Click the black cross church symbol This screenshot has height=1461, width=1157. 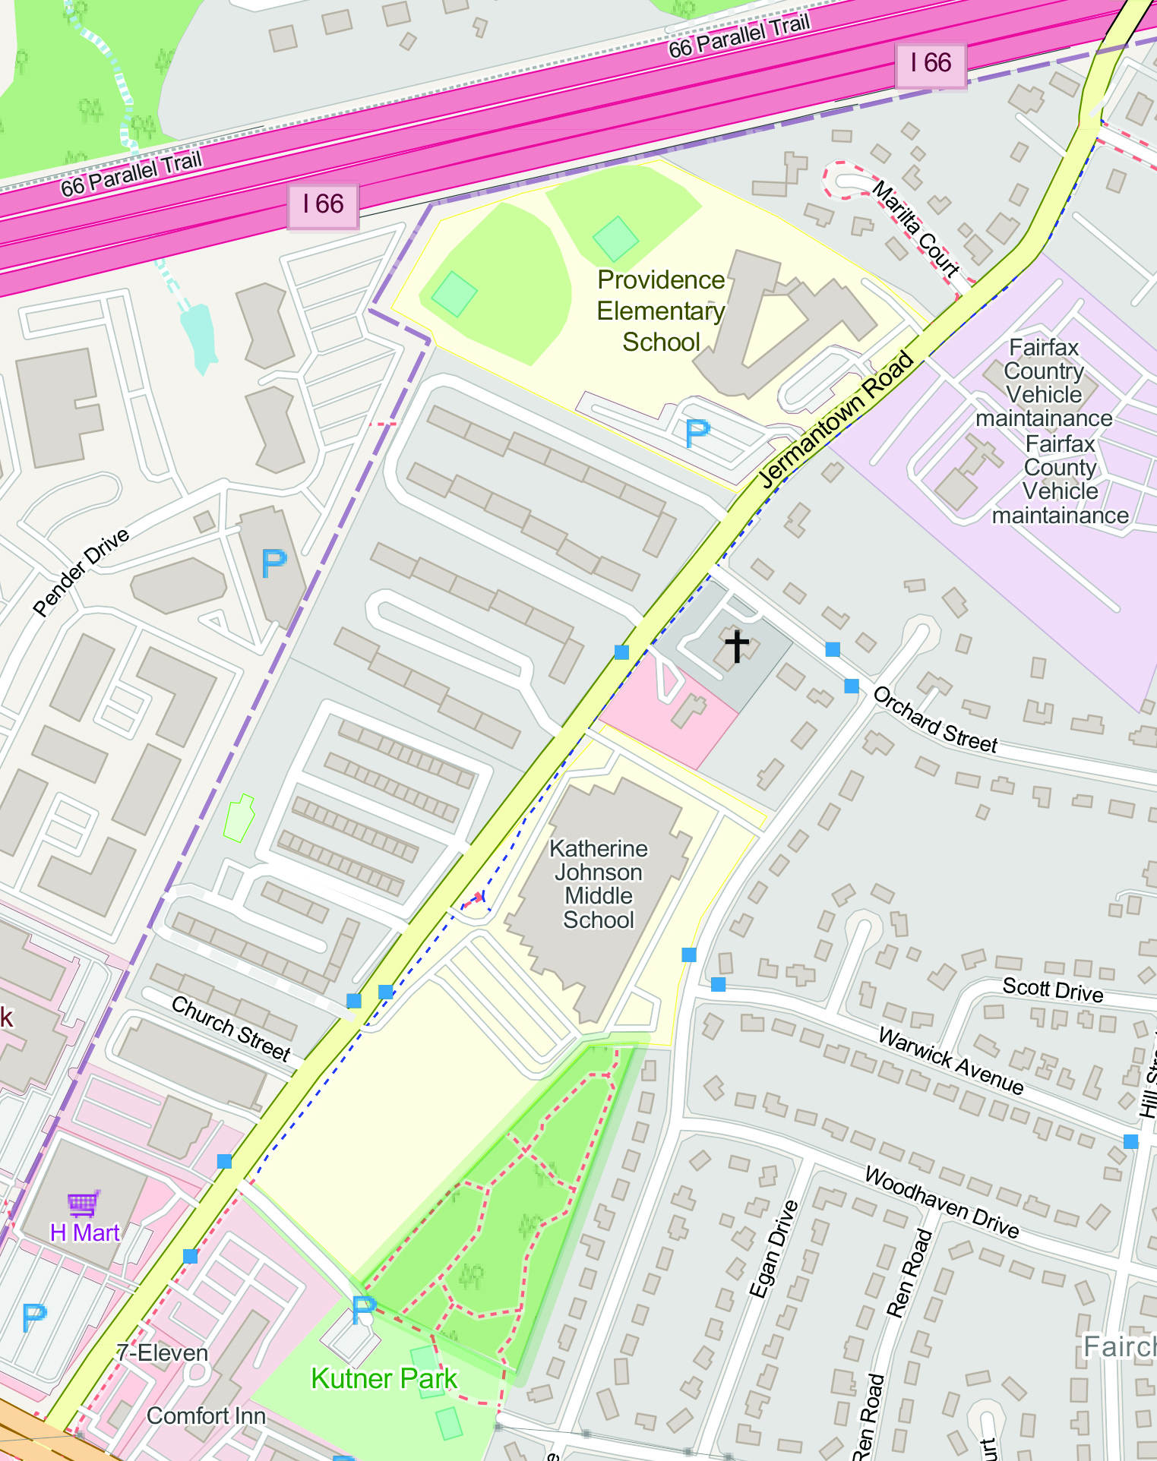[x=736, y=646]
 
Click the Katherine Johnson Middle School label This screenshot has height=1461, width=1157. [x=599, y=884]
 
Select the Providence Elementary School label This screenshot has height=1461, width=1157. [x=660, y=311]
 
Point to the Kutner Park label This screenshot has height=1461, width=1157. [x=384, y=1378]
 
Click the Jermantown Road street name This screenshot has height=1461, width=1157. [x=836, y=419]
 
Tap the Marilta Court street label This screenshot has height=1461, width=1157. [x=915, y=227]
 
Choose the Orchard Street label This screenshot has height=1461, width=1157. [x=934, y=720]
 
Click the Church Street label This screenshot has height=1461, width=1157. [x=231, y=1028]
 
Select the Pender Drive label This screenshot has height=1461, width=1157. [x=81, y=572]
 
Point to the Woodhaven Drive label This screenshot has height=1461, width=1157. [x=941, y=1203]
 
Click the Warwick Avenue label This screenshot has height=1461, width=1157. [x=950, y=1060]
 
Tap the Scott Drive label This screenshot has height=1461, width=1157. [x=1052, y=989]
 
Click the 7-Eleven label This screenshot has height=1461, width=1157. [x=162, y=1352]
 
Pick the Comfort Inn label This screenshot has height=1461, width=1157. [x=206, y=1415]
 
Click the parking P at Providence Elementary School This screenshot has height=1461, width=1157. [x=697, y=433]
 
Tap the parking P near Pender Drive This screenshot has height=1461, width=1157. [x=273, y=563]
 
